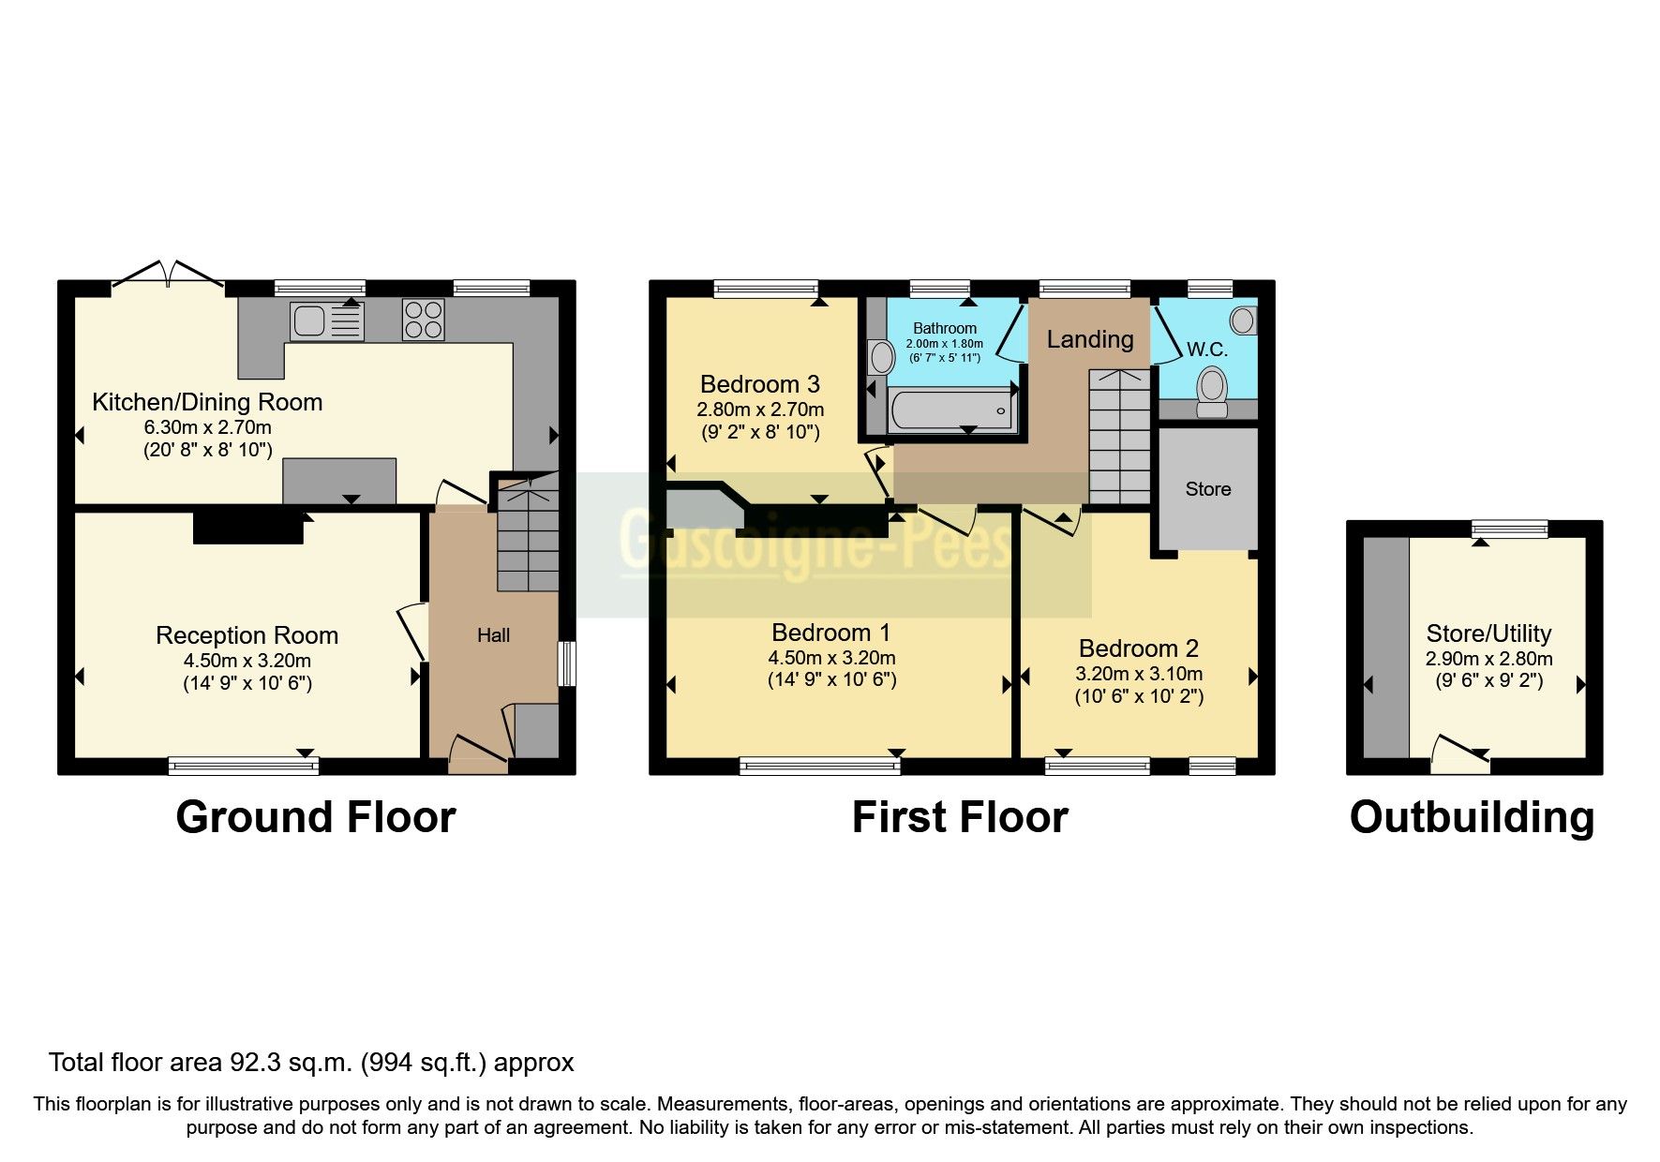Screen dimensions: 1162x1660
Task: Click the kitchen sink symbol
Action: click(x=325, y=322)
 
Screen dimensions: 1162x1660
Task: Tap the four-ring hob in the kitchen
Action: click(x=424, y=319)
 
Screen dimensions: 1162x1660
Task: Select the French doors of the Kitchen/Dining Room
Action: click(x=169, y=275)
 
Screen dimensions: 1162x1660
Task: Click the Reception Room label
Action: click(x=247, y=635)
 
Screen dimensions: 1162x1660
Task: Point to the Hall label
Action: click(x=493, y=635)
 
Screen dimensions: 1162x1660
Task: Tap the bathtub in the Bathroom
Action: click(x=952, y=411)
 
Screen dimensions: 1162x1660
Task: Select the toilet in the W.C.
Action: click(x=1212, y=390)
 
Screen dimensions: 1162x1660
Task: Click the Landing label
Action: click(x=1089, y=339)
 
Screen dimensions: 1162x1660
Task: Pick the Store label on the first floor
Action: click(x=1207, y=489)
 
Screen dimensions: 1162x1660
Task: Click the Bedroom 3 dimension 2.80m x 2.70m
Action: click(x=760, y=410)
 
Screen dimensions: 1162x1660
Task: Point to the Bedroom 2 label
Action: click(x=1138, y=648)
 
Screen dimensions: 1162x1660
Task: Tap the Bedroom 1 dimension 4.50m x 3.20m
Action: click(x=831, y=658)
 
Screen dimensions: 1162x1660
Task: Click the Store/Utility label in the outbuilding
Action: click(x=1488, y=633)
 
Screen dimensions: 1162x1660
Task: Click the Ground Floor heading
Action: click(x=315, y=817)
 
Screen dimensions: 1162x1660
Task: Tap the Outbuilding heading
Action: click(x=1472, y=817)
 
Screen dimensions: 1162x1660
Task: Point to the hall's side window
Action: click(x=566, y=664)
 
